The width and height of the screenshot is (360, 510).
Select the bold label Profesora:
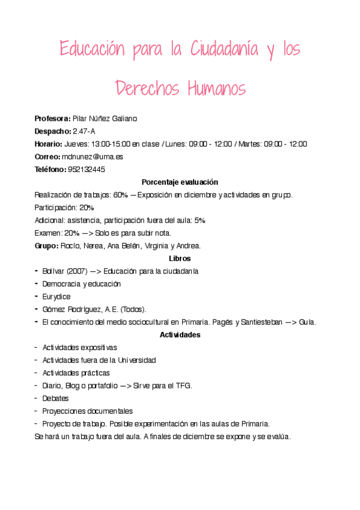(53, 118)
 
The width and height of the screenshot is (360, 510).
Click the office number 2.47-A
(84, 131)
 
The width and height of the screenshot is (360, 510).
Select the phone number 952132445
(87, 169)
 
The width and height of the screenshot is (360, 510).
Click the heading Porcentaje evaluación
(180, 182)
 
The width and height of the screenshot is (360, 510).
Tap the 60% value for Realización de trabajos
(120, 194)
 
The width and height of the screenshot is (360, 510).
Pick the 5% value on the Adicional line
(200, 220)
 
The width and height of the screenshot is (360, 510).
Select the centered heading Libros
(180, 258)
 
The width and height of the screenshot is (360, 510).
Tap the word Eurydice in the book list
(56, 296)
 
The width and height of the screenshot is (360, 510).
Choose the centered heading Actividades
(180, 334)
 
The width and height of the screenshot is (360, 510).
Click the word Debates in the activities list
(55, 398)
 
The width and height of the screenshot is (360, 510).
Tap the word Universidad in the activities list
(136, 360)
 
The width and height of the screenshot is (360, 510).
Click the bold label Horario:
(49, 144)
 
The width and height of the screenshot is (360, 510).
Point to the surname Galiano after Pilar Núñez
(124, 118)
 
